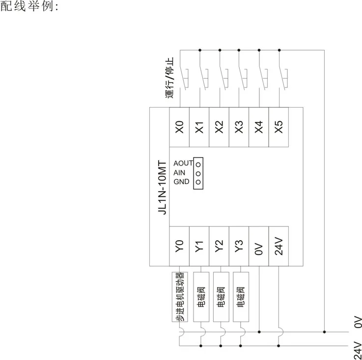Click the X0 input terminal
tap(179, 127)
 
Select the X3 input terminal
tap(239, 127)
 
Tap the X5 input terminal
tap(279, 127)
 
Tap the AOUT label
tap(183, 163)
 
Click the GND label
tap(181, 182)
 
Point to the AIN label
tap(179, 172)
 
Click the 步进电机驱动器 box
tap(179, 297)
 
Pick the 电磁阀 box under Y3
tap(241, 297)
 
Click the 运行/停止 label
tap(170, 79)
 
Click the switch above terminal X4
tap(262, 74)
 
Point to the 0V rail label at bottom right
tap(358, 322)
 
